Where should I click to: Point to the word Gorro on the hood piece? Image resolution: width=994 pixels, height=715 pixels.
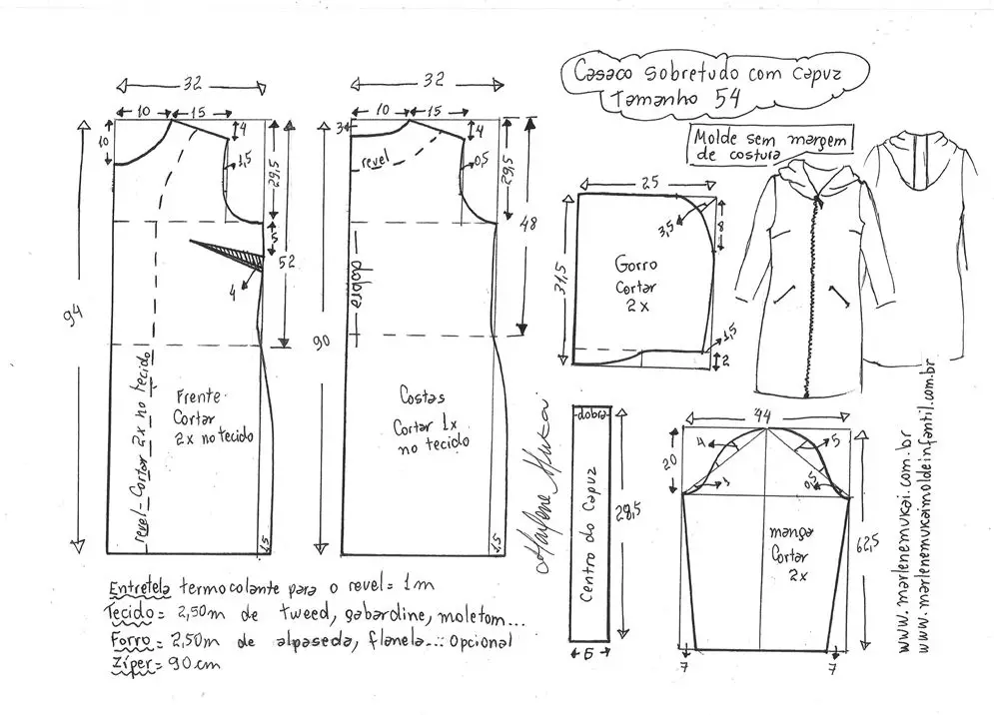(x=633, y=268)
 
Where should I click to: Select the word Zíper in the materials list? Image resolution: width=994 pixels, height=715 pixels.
(x=127, y=663)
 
